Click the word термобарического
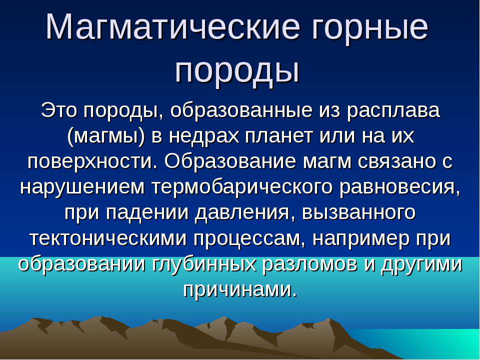click(x=242, y=187)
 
